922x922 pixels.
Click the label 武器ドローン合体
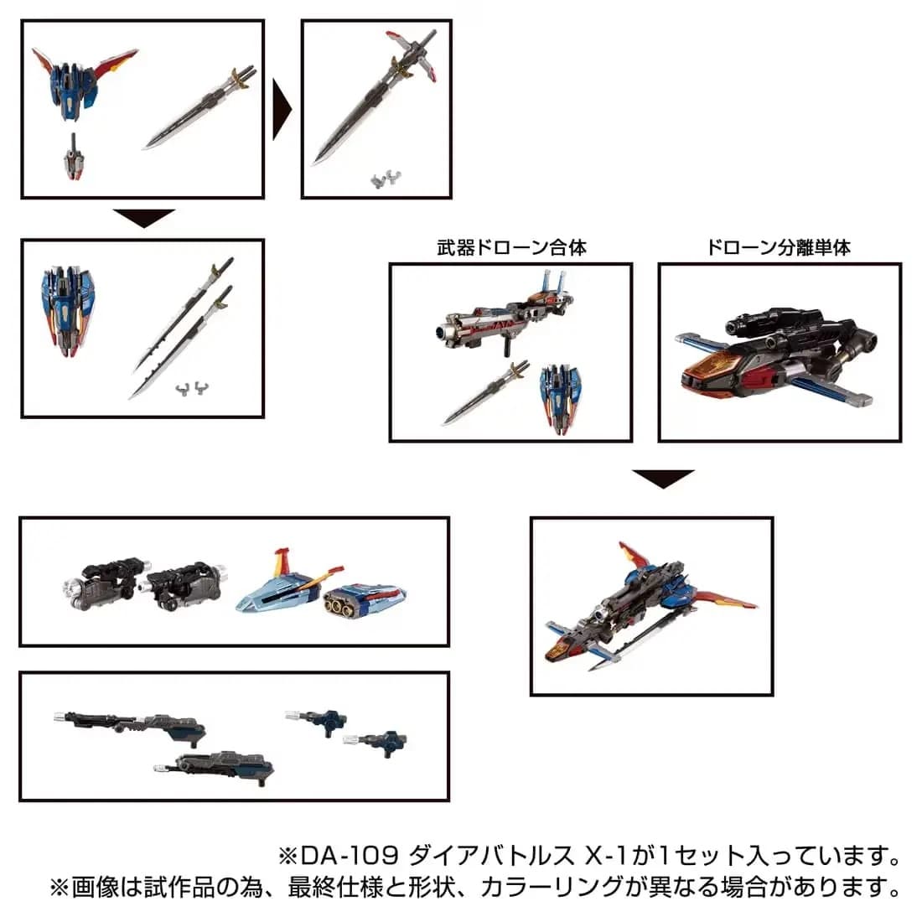pos(511,247)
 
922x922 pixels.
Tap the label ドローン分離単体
pos(779,247)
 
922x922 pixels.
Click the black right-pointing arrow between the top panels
pos(282,109)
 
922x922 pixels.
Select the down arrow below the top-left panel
pos(144,218)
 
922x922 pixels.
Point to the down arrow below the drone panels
pos(663,479)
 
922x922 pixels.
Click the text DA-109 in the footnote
pos(350,856)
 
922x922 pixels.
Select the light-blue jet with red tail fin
pos(288,585)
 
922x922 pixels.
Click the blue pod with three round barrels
pos(365,601)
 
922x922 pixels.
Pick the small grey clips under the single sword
pos(386,179)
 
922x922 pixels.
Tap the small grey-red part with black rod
pos(74,158)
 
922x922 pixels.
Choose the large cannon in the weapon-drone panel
pos(505,314)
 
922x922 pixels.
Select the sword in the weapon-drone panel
pos(485,393)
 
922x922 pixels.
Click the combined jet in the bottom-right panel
pos(650,606)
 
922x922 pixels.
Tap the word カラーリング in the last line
pos(552,887)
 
